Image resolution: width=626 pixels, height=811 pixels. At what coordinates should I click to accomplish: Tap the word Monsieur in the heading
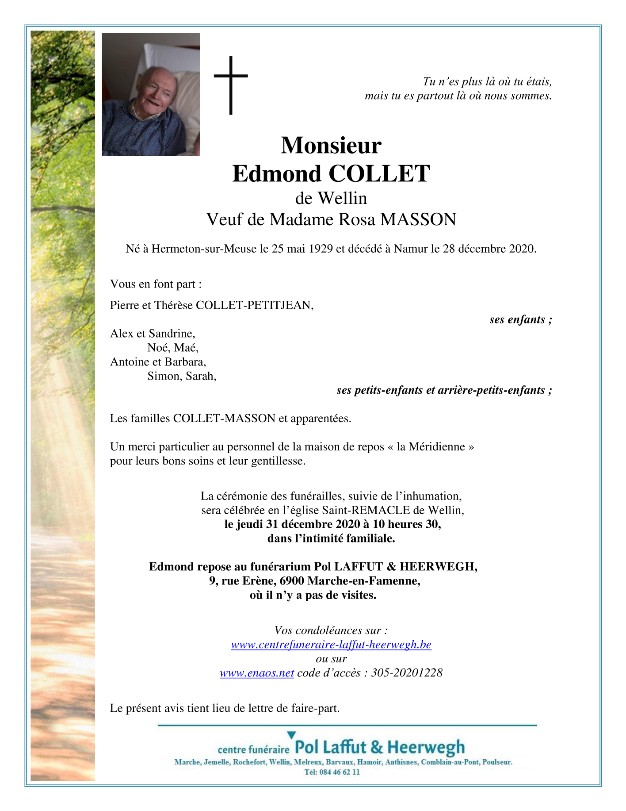331,145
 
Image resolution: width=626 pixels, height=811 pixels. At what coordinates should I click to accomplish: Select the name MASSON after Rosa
418,219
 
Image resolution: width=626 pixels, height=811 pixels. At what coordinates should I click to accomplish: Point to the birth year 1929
321,249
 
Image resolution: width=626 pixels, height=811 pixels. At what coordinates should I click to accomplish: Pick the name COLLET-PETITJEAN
254,305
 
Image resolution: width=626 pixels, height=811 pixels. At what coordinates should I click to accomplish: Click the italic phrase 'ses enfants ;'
520,319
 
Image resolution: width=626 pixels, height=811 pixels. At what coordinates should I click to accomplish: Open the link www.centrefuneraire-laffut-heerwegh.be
331,645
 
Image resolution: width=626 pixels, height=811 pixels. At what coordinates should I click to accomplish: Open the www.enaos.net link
257,673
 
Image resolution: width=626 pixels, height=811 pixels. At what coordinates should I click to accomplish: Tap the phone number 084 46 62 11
339,772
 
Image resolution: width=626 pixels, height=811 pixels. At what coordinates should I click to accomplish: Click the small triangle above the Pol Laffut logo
291,735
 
